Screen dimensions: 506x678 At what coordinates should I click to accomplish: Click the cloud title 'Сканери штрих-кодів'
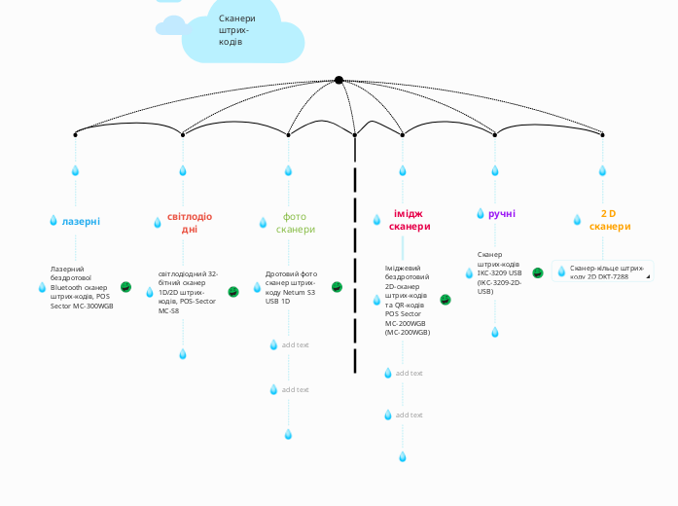point(237,30)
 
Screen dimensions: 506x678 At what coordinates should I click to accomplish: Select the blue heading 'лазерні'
point(81,221)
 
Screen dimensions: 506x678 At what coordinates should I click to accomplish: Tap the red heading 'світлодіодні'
point(189,223)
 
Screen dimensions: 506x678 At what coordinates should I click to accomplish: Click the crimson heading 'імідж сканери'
point(410,219)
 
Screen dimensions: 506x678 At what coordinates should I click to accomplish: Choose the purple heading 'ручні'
point(502,213)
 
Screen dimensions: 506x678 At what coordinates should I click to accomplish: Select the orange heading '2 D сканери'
point(609,219)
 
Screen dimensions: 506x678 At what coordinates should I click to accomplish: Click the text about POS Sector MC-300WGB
point(82,287)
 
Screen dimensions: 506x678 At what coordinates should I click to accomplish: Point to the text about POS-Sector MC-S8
point(188,292)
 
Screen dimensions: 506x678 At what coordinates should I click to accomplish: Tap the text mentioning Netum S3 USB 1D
point(292,287)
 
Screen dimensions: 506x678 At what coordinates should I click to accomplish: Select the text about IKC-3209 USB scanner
point(499,272)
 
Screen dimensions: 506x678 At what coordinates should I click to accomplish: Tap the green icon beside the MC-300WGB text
point(125,287)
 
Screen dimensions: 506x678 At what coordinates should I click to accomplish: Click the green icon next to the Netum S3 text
point(337,287)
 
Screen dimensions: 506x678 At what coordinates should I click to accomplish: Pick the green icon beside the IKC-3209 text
point(537,273)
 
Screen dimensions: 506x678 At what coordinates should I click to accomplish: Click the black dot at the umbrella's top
point(339,80)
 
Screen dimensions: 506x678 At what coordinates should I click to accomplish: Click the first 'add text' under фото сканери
point(295,344)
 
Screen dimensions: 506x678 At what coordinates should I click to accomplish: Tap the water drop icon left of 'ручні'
point(481,213)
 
